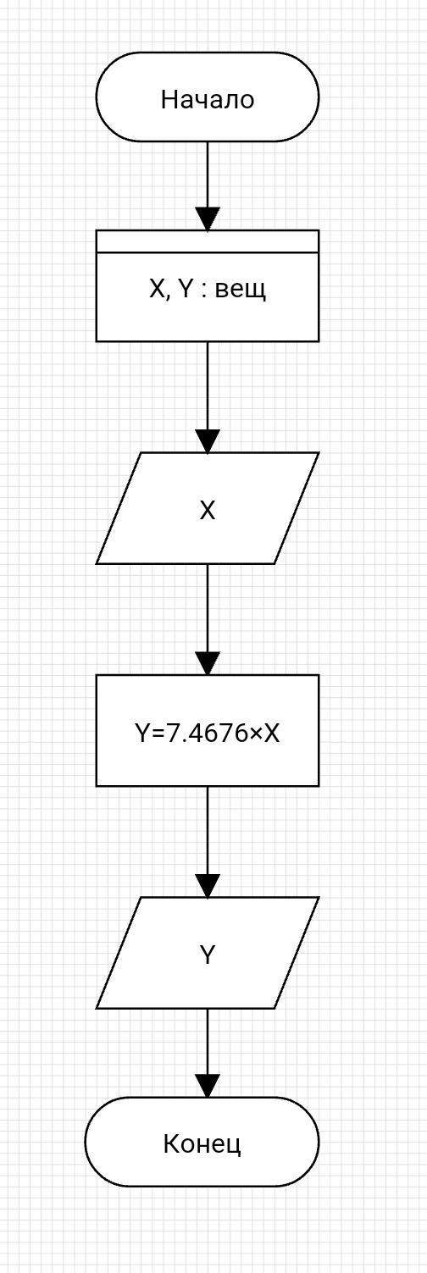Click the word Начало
point(208,99)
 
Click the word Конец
point(202,1143)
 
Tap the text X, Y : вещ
point(208,291)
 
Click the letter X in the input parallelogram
point(208,512)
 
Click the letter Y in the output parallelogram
point(208,955)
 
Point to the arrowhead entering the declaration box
point(208,219)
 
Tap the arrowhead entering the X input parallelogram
point(208,441)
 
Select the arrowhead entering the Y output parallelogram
point(208,886)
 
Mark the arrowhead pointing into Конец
point(208,1086)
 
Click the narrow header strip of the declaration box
point(208,241)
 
